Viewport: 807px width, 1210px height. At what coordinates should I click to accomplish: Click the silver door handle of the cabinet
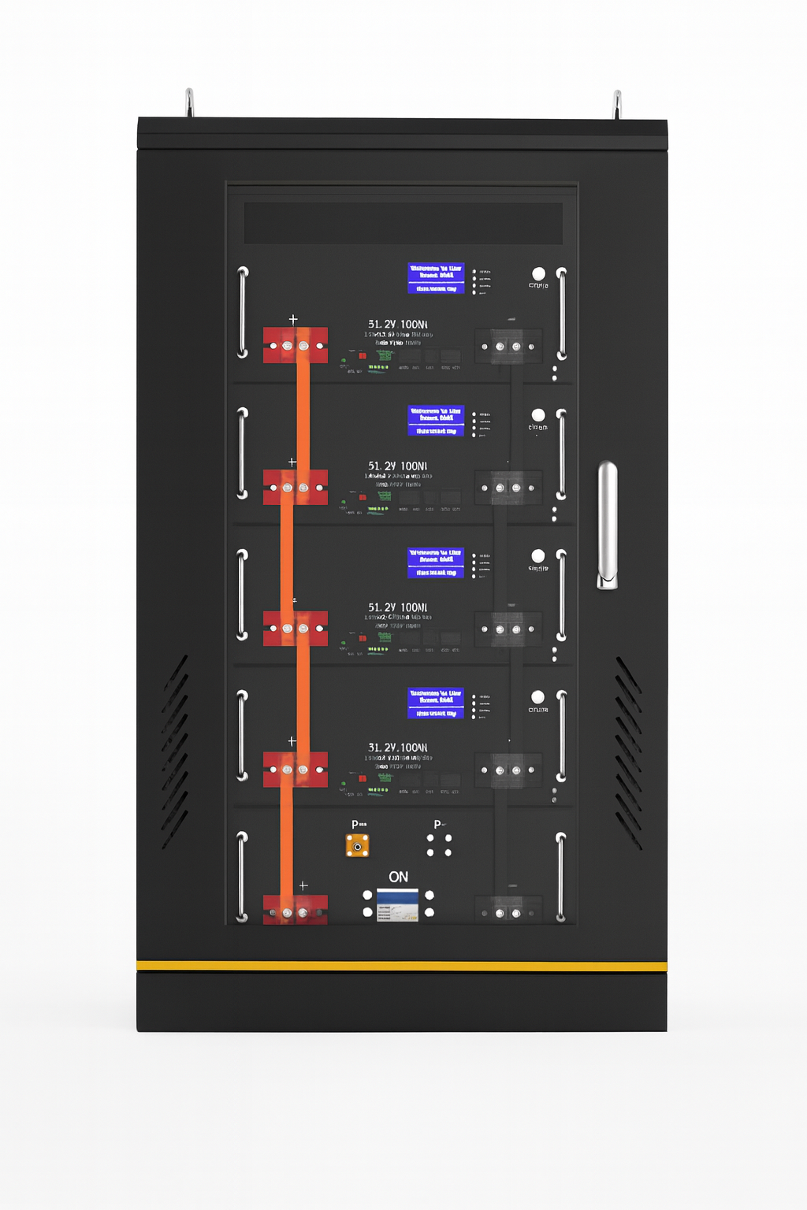[x=607, y=524]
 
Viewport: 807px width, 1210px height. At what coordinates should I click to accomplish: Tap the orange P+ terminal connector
[x=358, y=846]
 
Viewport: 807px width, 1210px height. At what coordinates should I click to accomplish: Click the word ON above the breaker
[x=398, y=877]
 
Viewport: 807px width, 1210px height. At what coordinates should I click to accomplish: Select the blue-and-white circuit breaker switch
[x=397, y=905]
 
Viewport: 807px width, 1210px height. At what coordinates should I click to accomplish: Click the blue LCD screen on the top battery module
[x=436, y=278]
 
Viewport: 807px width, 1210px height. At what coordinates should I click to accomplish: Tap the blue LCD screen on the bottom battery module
[x=436, y=703]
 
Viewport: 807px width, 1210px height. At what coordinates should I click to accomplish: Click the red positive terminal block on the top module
[x=295, y=345]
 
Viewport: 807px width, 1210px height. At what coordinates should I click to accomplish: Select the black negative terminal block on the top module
[x=508, y=346]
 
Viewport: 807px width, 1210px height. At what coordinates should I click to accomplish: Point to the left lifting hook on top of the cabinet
[x=189, y=103]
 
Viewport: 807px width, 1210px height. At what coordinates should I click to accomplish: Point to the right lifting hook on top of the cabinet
[x=617, y=105]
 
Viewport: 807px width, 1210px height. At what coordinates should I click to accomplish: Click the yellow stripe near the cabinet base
[x=402, y=966]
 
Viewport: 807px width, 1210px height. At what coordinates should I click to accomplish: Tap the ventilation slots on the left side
[x=174, y=752]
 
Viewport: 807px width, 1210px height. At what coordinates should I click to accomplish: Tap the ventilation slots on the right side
[x=629, y=752]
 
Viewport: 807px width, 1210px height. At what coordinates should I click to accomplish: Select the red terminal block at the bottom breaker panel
[x=295, y=910]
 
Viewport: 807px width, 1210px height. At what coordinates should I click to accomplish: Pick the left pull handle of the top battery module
[x=243, y=312]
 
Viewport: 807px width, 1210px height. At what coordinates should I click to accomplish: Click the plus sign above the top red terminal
[x=293, y=320]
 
